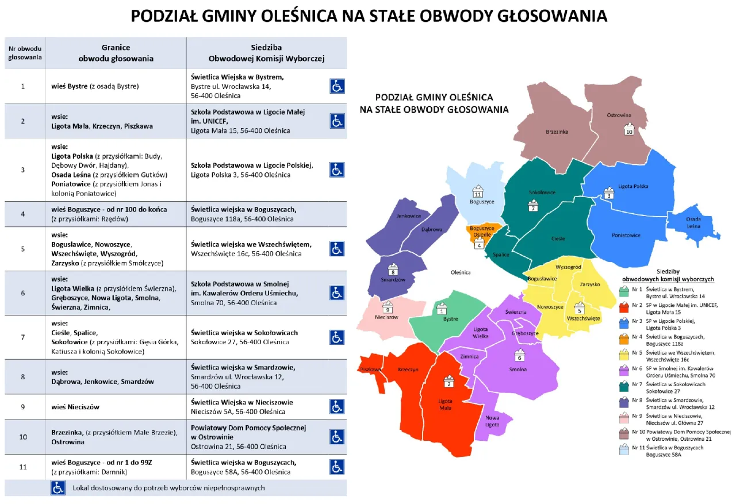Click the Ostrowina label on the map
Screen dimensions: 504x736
(x=619, y=115)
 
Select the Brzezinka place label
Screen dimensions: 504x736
(x=557, y=132)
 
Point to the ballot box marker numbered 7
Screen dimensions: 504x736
(x=534, y=205)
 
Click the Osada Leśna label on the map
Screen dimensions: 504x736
(x=693, y=222)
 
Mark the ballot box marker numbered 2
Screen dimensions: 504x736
(x=449, y=382)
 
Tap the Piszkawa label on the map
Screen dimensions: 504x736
(x=371, y=370)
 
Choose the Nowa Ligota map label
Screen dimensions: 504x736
(x=492, y=421)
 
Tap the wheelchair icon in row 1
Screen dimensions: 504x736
(x=337, y=86)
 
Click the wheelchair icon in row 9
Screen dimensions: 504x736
(x=337, y=407)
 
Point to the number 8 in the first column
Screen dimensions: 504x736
(x=23, y=377)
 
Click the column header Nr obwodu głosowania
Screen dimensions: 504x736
(x=25, y=53)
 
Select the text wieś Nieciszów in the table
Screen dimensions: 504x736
(x=75, y=407)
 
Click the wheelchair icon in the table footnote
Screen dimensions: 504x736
(x=58, y=488)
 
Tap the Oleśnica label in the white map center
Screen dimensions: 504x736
(x=461, y=272)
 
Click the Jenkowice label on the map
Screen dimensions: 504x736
(x=409, y=216)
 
